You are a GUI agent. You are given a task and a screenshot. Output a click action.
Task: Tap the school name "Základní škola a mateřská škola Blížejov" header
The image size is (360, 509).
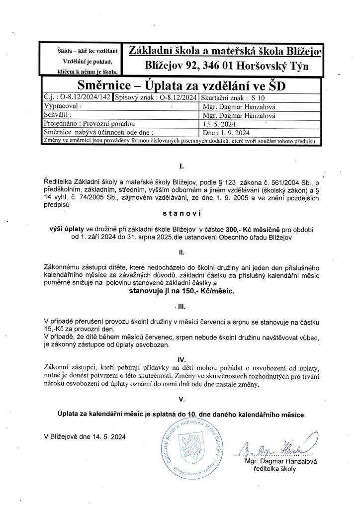coord(225,51)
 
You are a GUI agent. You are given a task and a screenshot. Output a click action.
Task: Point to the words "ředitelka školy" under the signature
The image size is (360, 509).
coord(274,469)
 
